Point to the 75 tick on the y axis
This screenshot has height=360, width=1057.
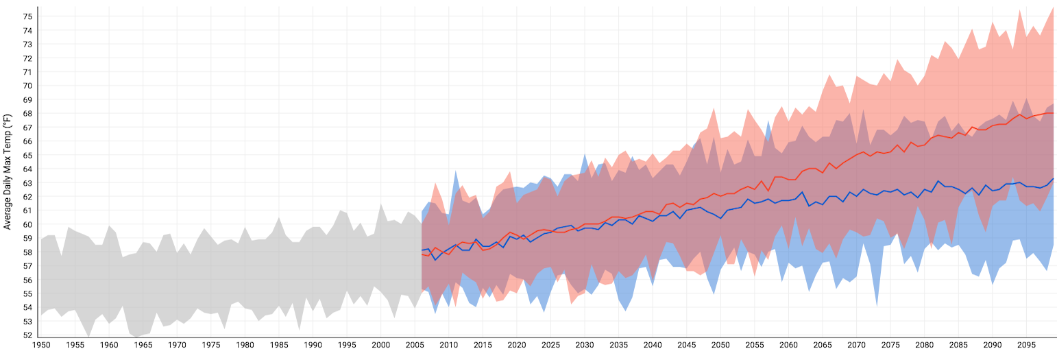coord(28,16)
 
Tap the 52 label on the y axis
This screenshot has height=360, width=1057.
coord(28,335)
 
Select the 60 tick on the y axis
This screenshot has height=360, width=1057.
coord(28,224)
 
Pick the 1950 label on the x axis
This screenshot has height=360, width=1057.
coord(41,346)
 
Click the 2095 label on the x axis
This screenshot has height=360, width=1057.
coord(1026,346)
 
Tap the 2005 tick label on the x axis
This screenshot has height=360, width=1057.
coord(415,346)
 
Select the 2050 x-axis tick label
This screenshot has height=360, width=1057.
coord(720,346)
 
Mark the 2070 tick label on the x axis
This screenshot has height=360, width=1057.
coord(856,346)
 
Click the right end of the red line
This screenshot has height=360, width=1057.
coord(1054,113)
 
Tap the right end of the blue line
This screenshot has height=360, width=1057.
coord(1054,178)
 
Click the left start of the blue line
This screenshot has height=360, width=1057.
coord(422,250)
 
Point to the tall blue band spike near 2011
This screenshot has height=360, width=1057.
coord(456,171)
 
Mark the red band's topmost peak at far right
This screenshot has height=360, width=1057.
coord(1054,7)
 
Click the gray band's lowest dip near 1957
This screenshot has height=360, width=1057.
coord(88,336)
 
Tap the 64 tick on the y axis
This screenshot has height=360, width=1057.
coord(28,169)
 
